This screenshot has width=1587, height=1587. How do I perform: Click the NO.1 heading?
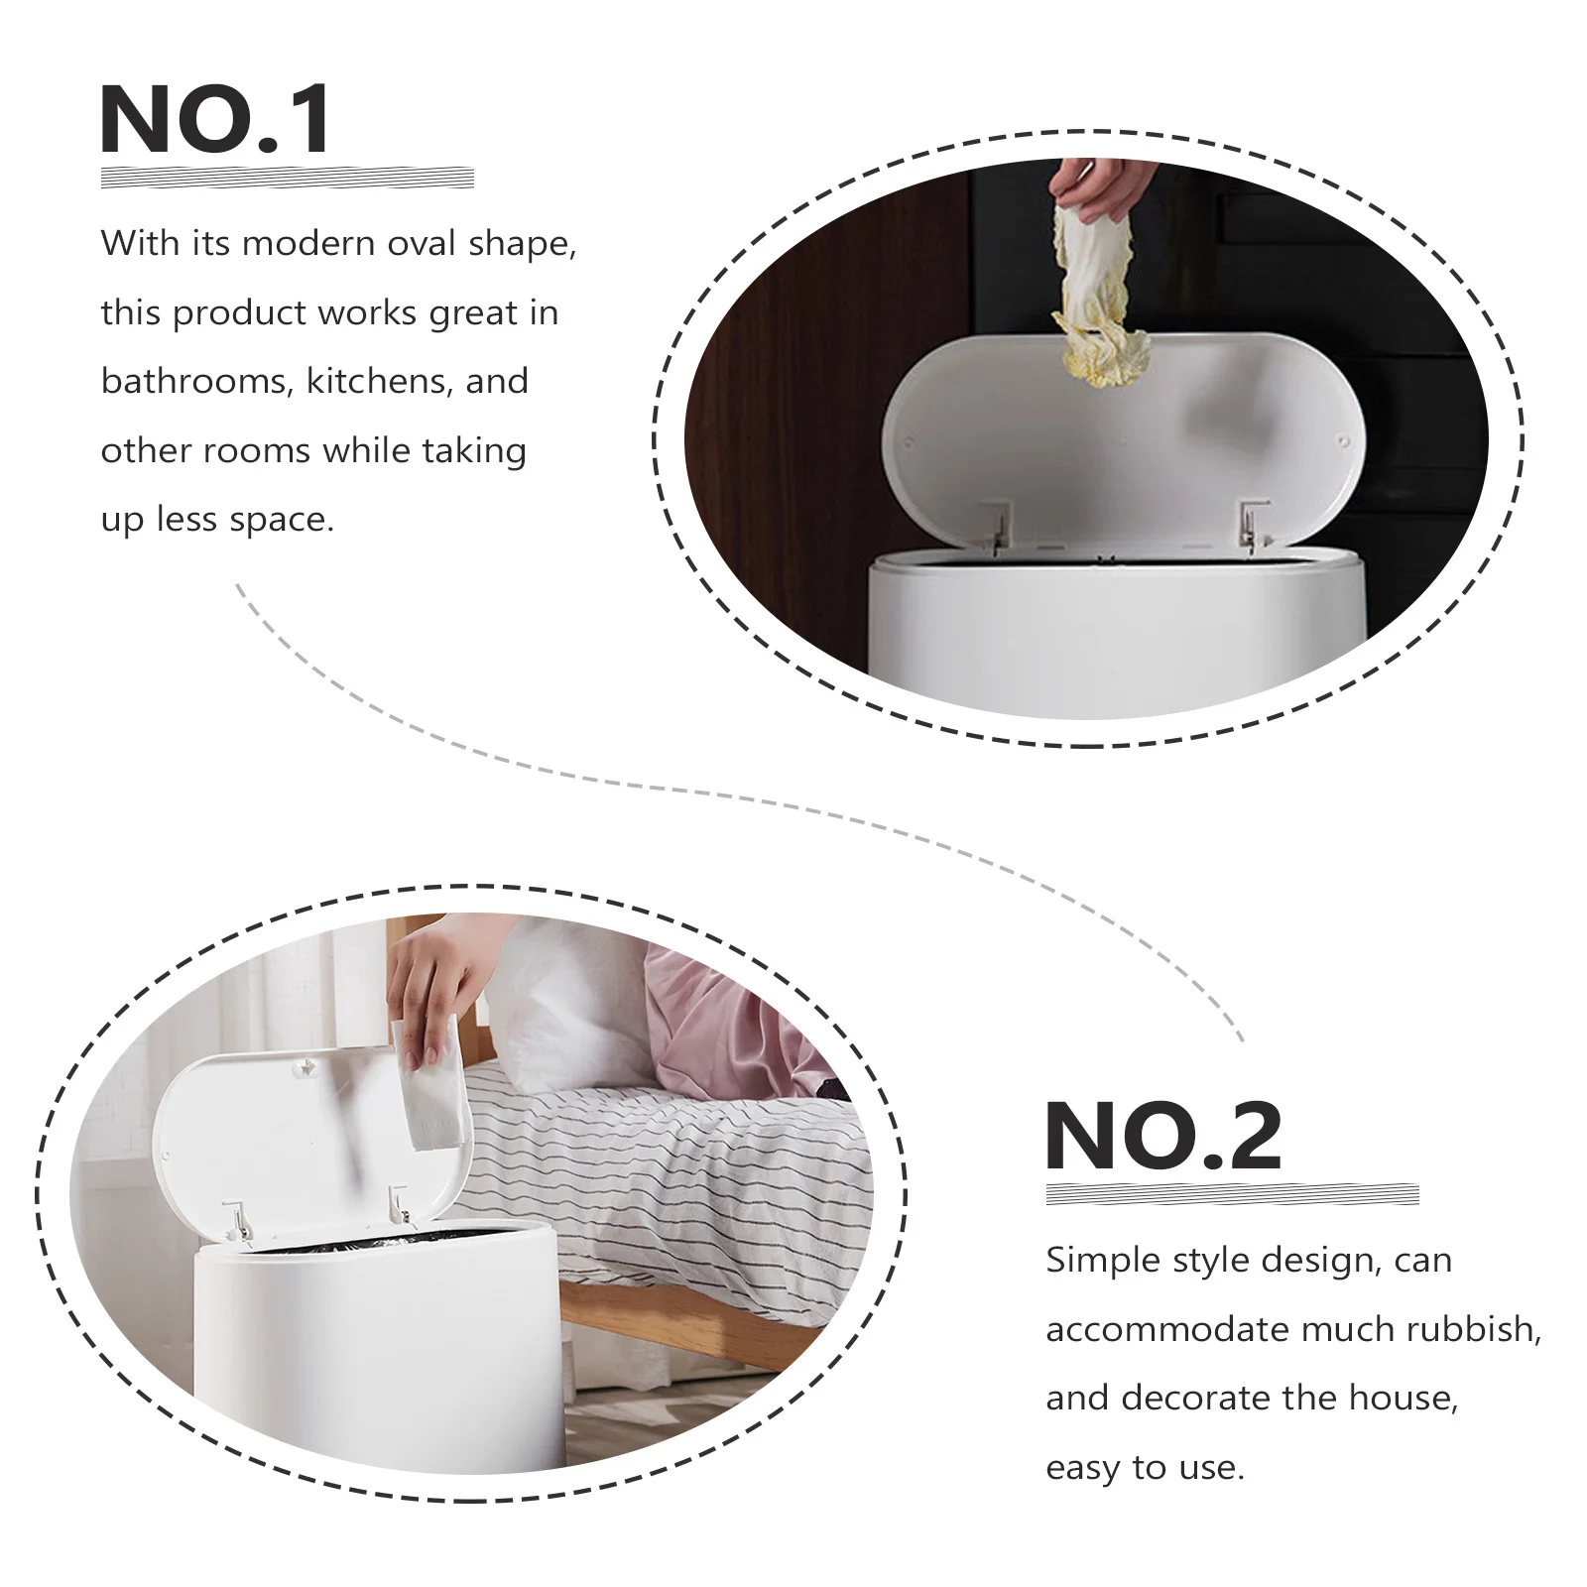click(216, 120)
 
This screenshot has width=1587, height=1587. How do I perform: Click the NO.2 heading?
click(1163, 1137)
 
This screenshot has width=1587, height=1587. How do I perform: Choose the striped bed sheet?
click(674, 1180)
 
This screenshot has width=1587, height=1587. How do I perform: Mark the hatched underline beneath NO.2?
click(1232, 1194)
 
